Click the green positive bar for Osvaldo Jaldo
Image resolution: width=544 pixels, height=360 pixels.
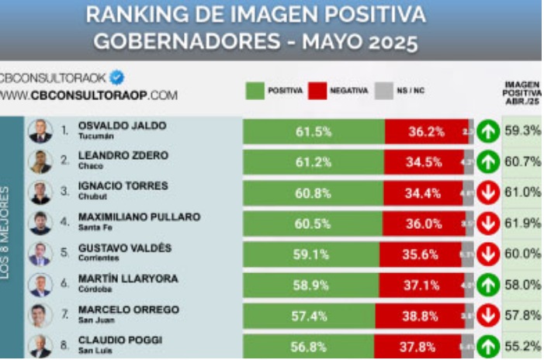click(x=314, y=131)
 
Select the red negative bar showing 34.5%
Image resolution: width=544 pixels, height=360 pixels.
click(x=424, y=161)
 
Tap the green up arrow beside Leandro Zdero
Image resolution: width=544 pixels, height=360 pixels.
click(x=487, y=161)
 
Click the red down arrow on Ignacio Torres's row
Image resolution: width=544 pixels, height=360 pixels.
click(x=487, y=192)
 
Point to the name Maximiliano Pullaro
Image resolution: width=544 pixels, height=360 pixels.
click(x=139, y=216)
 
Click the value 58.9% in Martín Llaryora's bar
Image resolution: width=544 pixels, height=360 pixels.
click(x=312, y=284)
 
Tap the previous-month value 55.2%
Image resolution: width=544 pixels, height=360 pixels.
click(x=521, y=345)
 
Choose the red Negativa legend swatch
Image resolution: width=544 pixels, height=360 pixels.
click(x=317, y=90)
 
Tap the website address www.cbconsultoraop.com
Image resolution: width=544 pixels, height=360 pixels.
click(x=88, y=96)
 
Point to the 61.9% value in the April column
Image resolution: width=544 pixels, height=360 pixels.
click(x=521, y=223)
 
